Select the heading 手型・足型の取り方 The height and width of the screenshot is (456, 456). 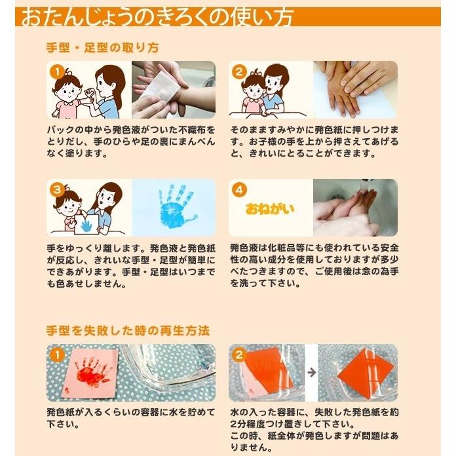[102, 48]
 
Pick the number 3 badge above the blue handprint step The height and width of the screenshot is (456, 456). [57, 189]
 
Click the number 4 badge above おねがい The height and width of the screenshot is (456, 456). [238, 189]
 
